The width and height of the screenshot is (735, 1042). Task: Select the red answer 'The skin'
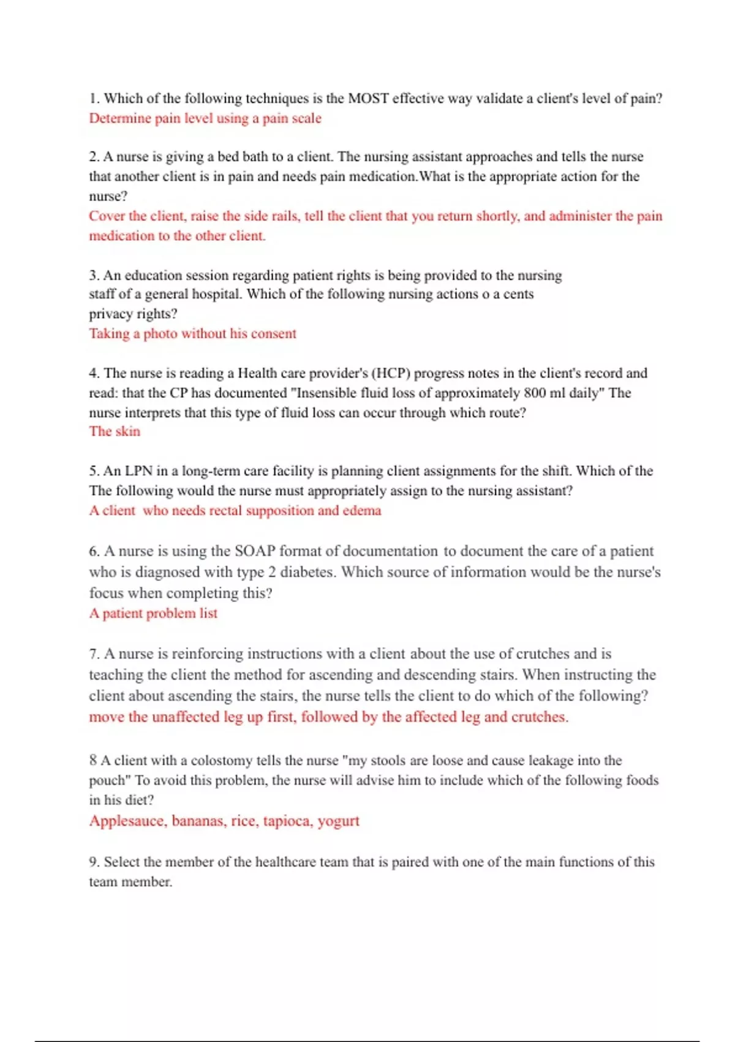(115, 432)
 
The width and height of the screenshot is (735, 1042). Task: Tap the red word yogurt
(338, 821)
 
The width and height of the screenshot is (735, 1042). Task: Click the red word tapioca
(288, 821)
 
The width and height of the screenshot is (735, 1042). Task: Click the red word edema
(362, 511)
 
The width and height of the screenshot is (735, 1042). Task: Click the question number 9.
(94, 862)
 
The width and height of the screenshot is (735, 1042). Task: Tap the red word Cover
(107, 216)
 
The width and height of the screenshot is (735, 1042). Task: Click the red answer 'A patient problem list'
(153, 614)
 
